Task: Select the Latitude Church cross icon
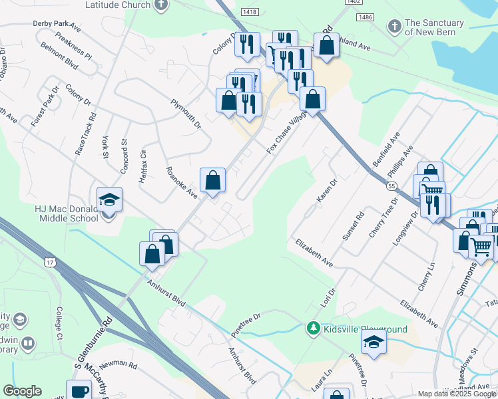click(160, 5)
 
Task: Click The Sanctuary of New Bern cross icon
click(394, 27)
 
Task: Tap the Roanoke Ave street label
click(182, 183)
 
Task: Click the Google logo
click(22, 391)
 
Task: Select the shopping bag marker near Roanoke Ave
click(212, 180)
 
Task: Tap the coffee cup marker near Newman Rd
click(79, 391)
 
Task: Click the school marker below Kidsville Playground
click(374, 342)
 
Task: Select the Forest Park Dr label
click(45, 106)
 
